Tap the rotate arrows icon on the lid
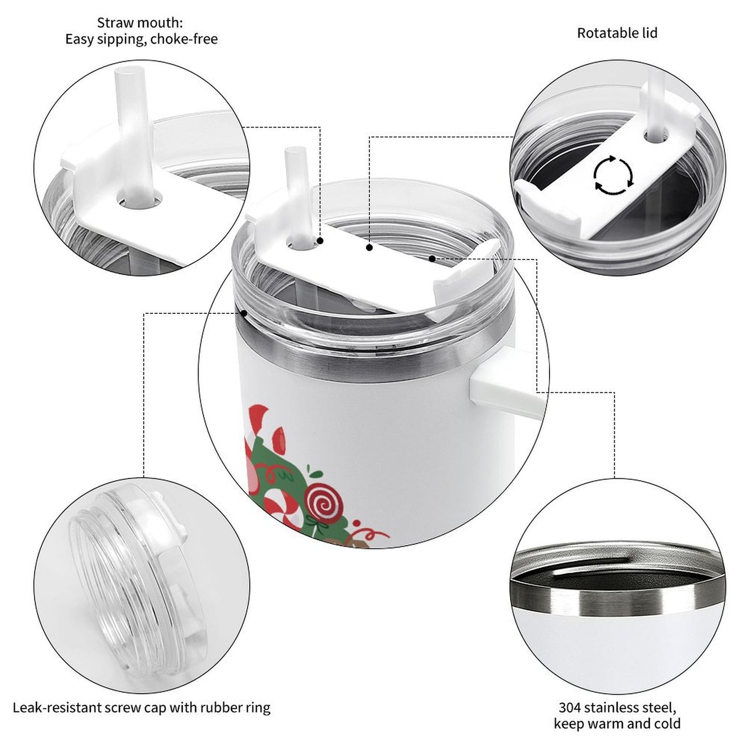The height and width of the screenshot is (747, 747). coord(613,175)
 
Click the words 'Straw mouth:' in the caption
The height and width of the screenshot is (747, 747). coord(140,23)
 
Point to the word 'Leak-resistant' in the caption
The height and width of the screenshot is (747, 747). coord(56,707)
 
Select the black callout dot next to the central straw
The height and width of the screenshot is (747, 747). coord(321,241)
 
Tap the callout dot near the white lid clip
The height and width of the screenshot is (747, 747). coord(432,257)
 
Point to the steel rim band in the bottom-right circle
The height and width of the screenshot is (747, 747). coord(615,600)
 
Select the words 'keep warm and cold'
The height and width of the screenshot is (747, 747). coord(617,723)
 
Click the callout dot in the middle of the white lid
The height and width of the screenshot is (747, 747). coord(369,248)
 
